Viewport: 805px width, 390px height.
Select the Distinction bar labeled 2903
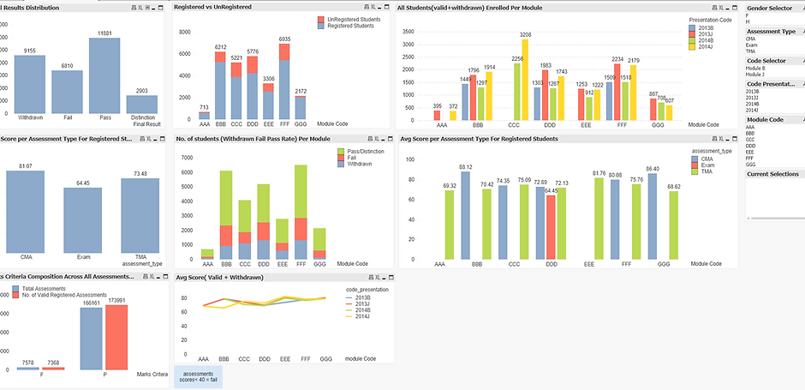pyautogui.click(x=141, y=104)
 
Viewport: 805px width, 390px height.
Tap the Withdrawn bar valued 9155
pyautogui.click(x=29, y=84)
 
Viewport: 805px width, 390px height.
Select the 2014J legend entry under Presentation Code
pyautogui.click(x=704, y=46)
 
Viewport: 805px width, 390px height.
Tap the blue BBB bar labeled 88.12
pyautogui.click(x=465, y=215)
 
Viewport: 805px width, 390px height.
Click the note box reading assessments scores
pyautogui.click(x=198, y=377)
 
